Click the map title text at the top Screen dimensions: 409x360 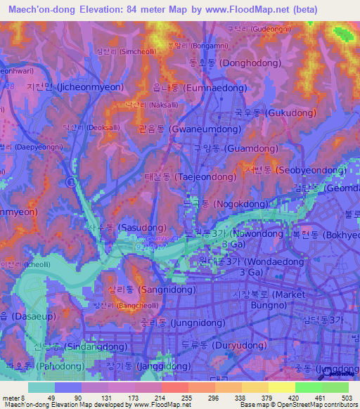[x=162, y=10]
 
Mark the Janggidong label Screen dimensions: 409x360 [x=147, y=368]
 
